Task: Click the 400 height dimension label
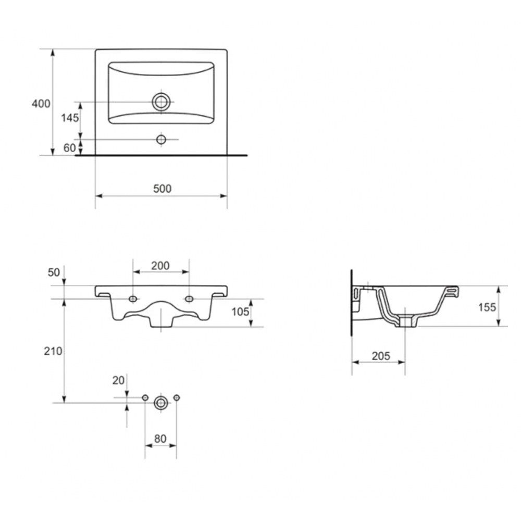[x=41, y=104]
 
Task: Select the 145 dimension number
[x=70, y=118]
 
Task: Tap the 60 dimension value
[x=70, y=148]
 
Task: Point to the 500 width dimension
[x=162, y=189]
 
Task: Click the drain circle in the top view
[x=161, y=102]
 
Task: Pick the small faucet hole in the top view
[x=161, y=140]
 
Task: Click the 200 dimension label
[x=160, y=266]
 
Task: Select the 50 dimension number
[x=54, y=272]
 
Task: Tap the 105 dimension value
[x=240, y=312]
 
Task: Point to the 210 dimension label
[x=53, y=351]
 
